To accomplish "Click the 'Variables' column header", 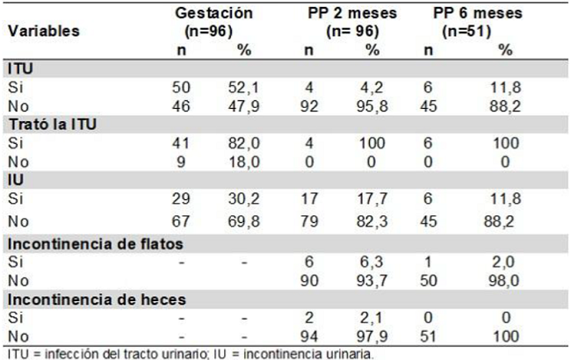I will coord(44,30).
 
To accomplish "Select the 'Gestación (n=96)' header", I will coord(213,21).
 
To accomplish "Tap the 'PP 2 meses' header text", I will coord(351,13).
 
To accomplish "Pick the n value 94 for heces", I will coord(309,334).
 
